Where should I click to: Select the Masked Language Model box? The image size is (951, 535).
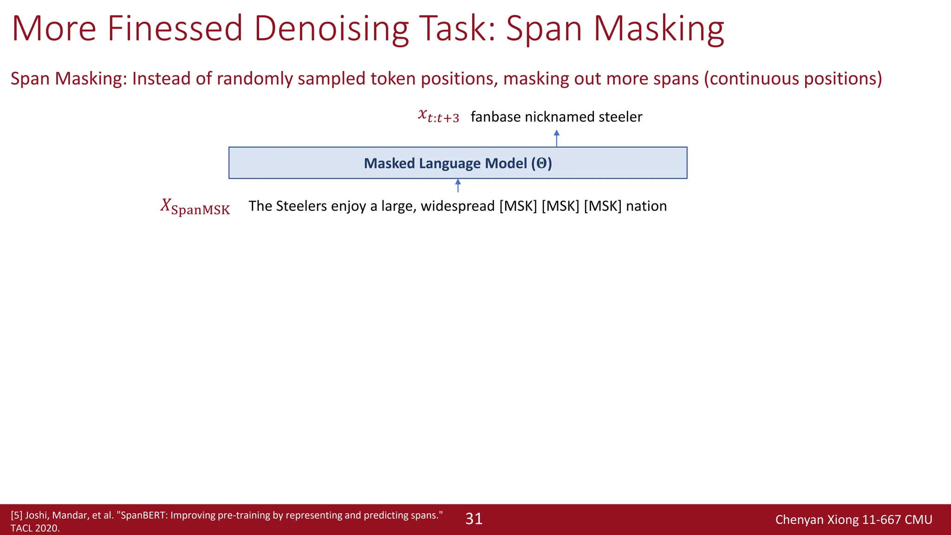(x=457, y=163)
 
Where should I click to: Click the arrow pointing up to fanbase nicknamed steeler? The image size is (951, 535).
(x=556, y=138)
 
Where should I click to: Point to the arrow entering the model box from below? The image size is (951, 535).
(x=458, y=185)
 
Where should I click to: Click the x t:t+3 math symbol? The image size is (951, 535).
(x=438, y=116)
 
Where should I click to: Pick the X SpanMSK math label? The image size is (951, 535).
(x=195, y=207)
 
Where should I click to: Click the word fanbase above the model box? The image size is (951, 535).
(x=495, y=117)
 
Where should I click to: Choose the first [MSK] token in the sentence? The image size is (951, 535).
(x=518, y=206)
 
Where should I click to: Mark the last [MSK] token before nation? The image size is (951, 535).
(x=602, y=206)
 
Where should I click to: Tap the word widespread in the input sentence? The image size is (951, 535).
(x=457, y=206)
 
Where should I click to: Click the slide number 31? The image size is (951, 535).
(x=474, y=519)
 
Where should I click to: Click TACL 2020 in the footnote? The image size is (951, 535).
(x=35, y=528)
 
